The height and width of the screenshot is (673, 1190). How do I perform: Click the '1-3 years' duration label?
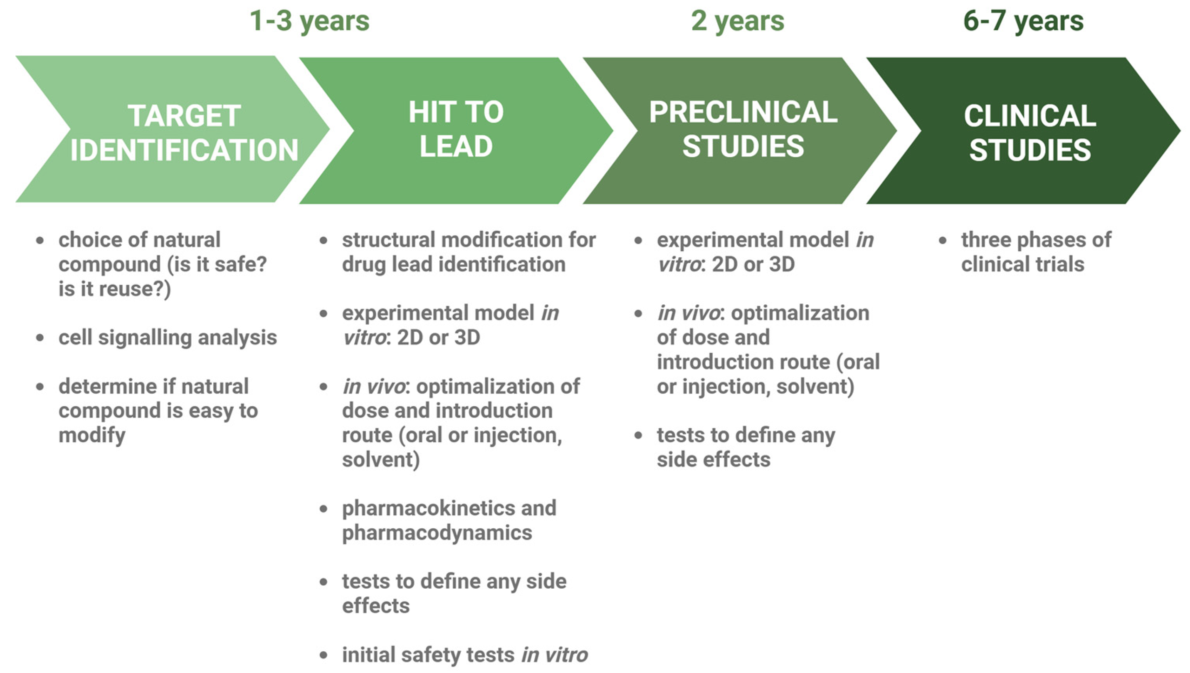[x=309, y=21]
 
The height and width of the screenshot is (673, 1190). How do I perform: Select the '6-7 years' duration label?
[x=1023, y=21]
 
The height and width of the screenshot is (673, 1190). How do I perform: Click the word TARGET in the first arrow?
[x=184, y=116]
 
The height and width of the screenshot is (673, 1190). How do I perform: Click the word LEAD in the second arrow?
[x=456, y=146]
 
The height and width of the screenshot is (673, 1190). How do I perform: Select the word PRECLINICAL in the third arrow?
[x=743, y=112]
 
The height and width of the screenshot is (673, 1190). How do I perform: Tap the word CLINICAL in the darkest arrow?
[x=1030, y=116]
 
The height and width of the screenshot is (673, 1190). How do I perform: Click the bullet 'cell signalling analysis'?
[x=168, y=338]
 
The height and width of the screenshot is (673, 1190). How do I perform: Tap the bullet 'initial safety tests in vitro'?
[x=464, y=655]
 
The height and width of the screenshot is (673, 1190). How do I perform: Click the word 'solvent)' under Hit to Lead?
[x=381, y=460]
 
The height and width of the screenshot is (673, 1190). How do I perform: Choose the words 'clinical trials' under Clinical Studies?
[x=1022, y=264]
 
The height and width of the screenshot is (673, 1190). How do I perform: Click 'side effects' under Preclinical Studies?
[x=714, y=460]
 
